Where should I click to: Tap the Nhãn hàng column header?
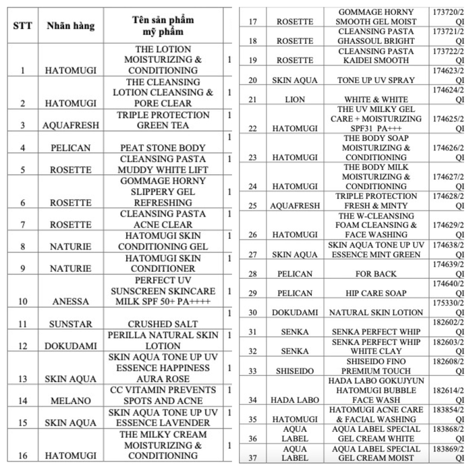point(70,26)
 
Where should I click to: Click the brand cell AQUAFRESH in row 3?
point(70,125)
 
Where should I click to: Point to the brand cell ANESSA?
point(70,302)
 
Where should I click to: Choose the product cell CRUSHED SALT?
point(163,324)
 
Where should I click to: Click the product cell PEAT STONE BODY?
point(163,148)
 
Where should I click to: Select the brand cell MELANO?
point(70,400)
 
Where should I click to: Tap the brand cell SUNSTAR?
point(70,324)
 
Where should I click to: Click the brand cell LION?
point(294,99)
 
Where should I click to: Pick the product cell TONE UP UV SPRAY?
point(376,80)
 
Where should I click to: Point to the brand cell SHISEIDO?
point(294,370)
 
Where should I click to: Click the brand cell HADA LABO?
point(294,400)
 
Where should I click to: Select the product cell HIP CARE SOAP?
point(376,294)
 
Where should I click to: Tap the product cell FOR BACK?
point(376,274)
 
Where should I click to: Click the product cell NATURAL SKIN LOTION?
point(376,313)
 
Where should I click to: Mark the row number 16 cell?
point(23,455)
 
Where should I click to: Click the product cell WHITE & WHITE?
point(376,99)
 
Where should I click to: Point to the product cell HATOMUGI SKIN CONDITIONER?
point(163,263)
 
